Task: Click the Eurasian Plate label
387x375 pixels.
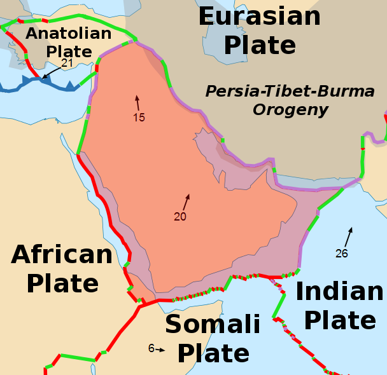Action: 260,31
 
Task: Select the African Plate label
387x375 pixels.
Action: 62,269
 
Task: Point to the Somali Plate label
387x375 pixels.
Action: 213,338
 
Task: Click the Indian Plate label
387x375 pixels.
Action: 340,306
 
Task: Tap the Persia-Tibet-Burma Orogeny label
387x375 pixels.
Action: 290,100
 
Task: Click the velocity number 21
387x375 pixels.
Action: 67,63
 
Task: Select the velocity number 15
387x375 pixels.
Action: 139,118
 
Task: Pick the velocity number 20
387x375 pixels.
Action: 180,217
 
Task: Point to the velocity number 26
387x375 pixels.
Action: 342,254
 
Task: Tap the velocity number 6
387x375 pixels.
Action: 151,348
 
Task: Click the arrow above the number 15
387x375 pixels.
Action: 136,102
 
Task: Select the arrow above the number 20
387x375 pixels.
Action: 186,202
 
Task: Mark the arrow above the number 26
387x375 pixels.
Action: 348,236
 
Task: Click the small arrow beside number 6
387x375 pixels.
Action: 160,349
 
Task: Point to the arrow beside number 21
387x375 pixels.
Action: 50,73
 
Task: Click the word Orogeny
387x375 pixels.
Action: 290,110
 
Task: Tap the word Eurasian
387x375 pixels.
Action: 260,16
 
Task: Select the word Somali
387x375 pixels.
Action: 213,325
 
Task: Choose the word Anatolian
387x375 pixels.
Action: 68,33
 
